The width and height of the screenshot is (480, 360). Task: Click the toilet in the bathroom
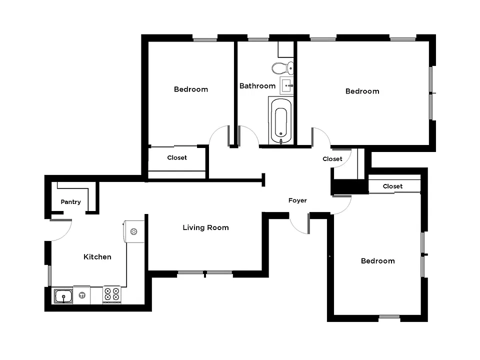(282, 68)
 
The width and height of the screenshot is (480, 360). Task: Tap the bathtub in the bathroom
(281, 121)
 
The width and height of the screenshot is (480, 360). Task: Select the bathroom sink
(287, 85)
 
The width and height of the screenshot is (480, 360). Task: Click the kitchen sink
(63, 296)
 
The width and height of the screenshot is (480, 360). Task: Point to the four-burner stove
(111, 294)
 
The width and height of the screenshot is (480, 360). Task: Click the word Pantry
(70, 201)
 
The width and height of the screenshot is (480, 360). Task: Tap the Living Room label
(205, 227)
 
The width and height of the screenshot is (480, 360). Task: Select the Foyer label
(297, 200)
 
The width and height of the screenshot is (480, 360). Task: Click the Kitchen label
(97, 256)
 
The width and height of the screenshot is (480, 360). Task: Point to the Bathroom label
(257, 85)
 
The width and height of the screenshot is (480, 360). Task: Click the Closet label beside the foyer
(332, 159)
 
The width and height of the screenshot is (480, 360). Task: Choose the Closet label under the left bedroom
(177, 157)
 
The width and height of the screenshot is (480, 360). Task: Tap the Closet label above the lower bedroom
(393, 186)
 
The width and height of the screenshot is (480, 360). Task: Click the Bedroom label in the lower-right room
(378, 261)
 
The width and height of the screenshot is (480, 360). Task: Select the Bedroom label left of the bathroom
(191, 89)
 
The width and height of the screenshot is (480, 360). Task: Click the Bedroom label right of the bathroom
(362, 91)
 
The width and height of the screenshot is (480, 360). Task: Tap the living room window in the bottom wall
(205, 272)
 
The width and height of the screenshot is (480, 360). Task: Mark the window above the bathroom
(258, 39)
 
